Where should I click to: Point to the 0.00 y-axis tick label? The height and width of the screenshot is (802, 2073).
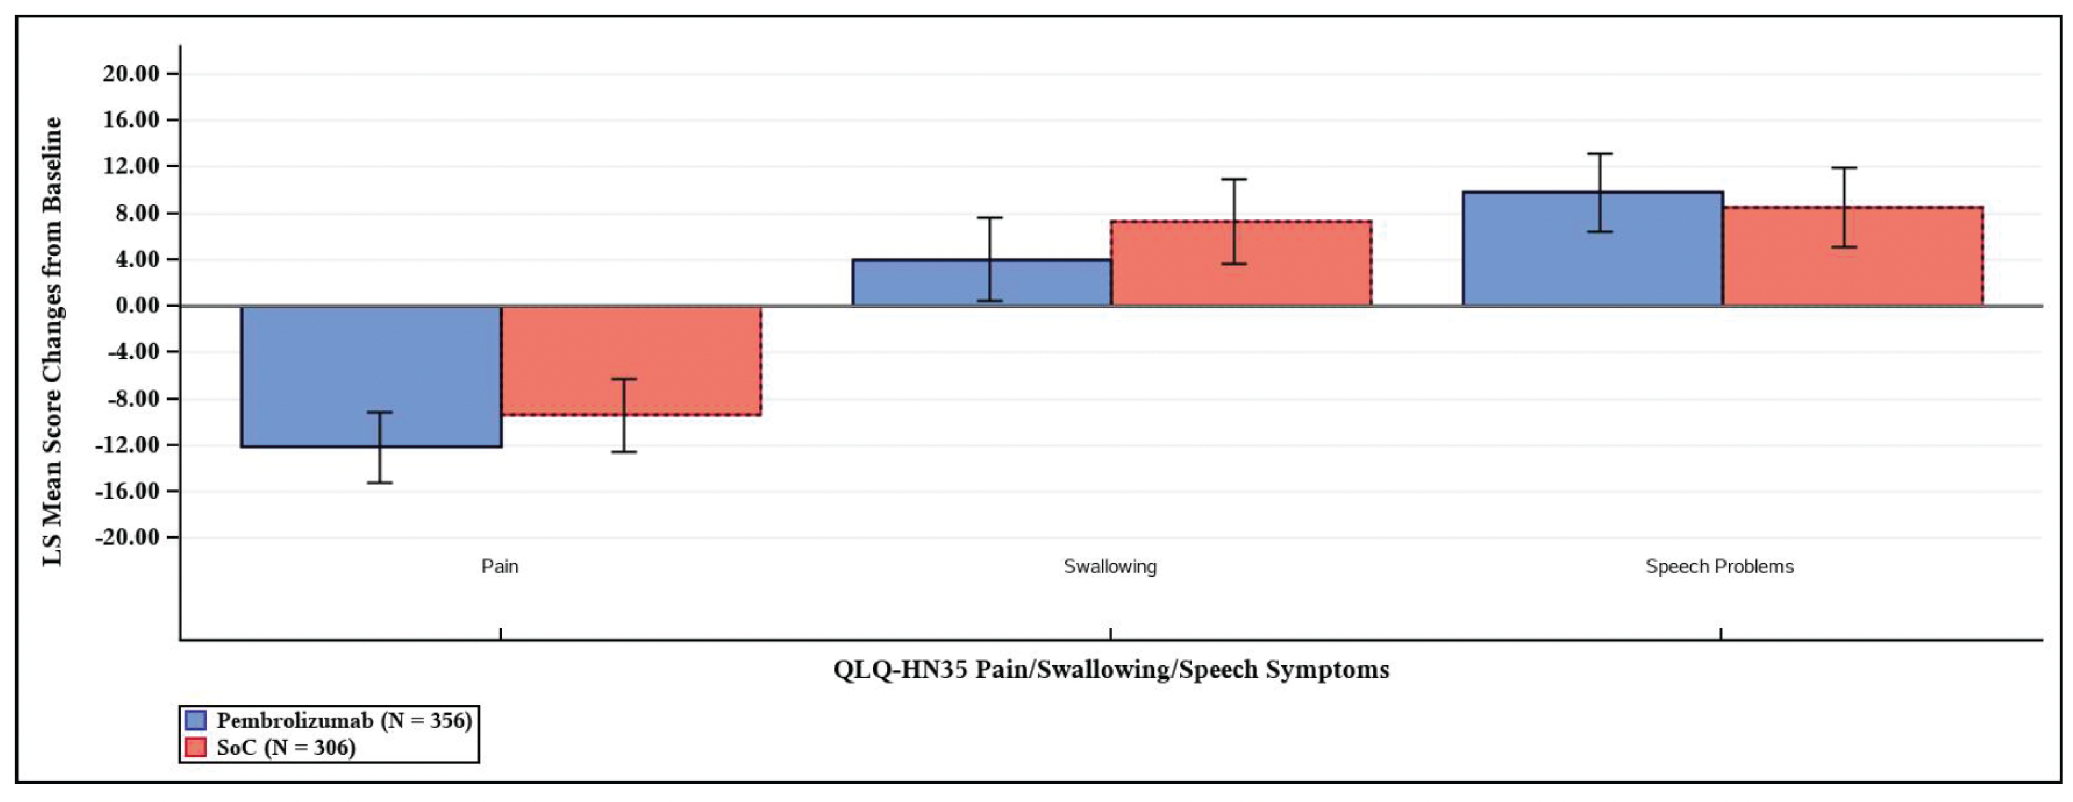137,306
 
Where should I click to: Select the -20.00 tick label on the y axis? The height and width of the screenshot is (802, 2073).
127,538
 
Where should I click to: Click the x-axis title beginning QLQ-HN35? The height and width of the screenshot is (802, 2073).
1110,670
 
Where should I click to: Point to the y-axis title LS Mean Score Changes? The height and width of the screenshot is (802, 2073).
53,342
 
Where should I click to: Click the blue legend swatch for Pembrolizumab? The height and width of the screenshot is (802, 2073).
195,720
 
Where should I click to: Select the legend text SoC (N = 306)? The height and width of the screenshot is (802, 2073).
286,747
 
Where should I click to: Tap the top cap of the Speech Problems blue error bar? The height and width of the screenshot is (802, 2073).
1600,154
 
